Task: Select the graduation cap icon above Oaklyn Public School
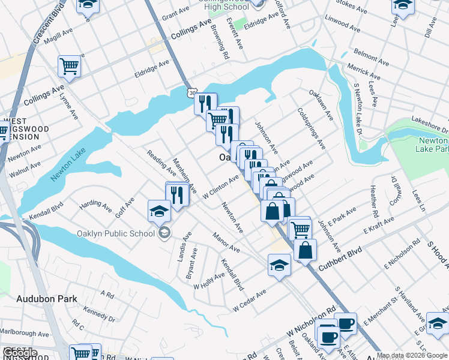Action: (160, 211)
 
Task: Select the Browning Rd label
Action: (224, 44)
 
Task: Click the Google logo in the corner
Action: (20, 353)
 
